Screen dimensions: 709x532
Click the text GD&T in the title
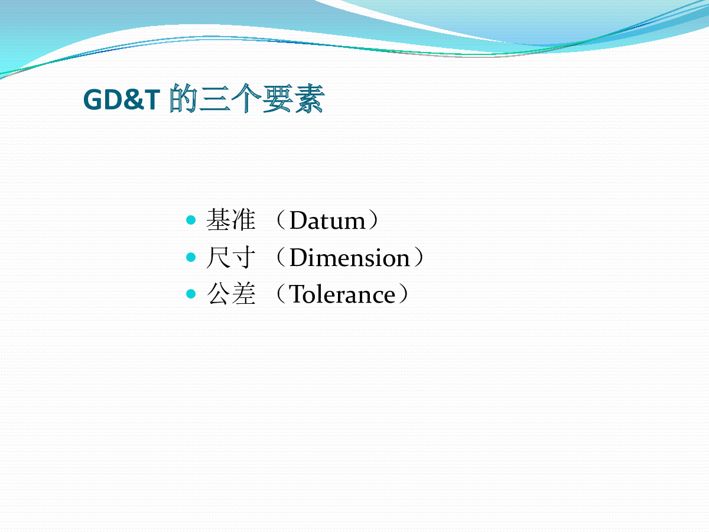coord(122,99)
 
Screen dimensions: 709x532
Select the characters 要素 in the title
coord(293,98)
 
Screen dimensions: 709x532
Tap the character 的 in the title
coord(183,98)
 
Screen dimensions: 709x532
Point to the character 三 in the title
coord(214,99)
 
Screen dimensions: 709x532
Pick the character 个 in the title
coord(246,98)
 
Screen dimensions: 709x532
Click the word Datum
coord(327,220)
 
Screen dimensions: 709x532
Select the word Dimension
coord(350,258)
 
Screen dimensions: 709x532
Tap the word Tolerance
coord(342,294)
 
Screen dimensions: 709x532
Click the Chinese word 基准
coord(231,220)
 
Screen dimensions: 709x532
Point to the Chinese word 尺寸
coord(231,257)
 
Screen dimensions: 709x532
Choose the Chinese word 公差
coord(231,294)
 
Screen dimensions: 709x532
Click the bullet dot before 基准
coord(191,220)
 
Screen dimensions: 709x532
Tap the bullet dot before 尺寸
coord(191,257)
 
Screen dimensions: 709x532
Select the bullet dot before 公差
coord(191,294)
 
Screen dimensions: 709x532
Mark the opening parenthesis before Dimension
coord(281,257)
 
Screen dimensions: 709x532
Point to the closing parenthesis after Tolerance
coord(404,294)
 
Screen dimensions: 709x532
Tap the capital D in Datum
coord(298,220)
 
